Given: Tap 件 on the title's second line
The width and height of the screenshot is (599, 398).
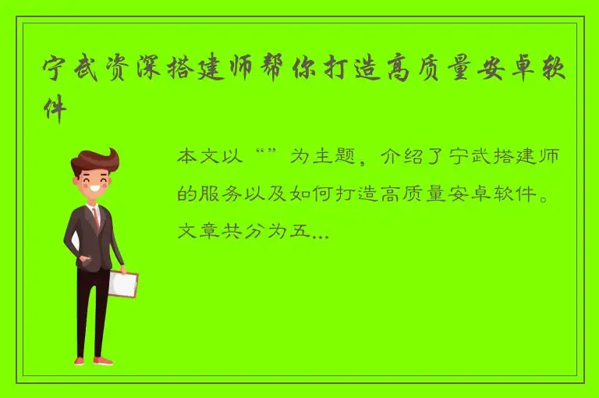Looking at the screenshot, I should pos(54,106).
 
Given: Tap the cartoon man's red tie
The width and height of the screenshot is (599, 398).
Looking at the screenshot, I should pos(96,215).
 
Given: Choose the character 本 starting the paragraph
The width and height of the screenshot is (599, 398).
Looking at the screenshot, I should pos(188,157).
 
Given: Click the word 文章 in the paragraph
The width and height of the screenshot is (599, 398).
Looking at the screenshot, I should pos(200,232).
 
